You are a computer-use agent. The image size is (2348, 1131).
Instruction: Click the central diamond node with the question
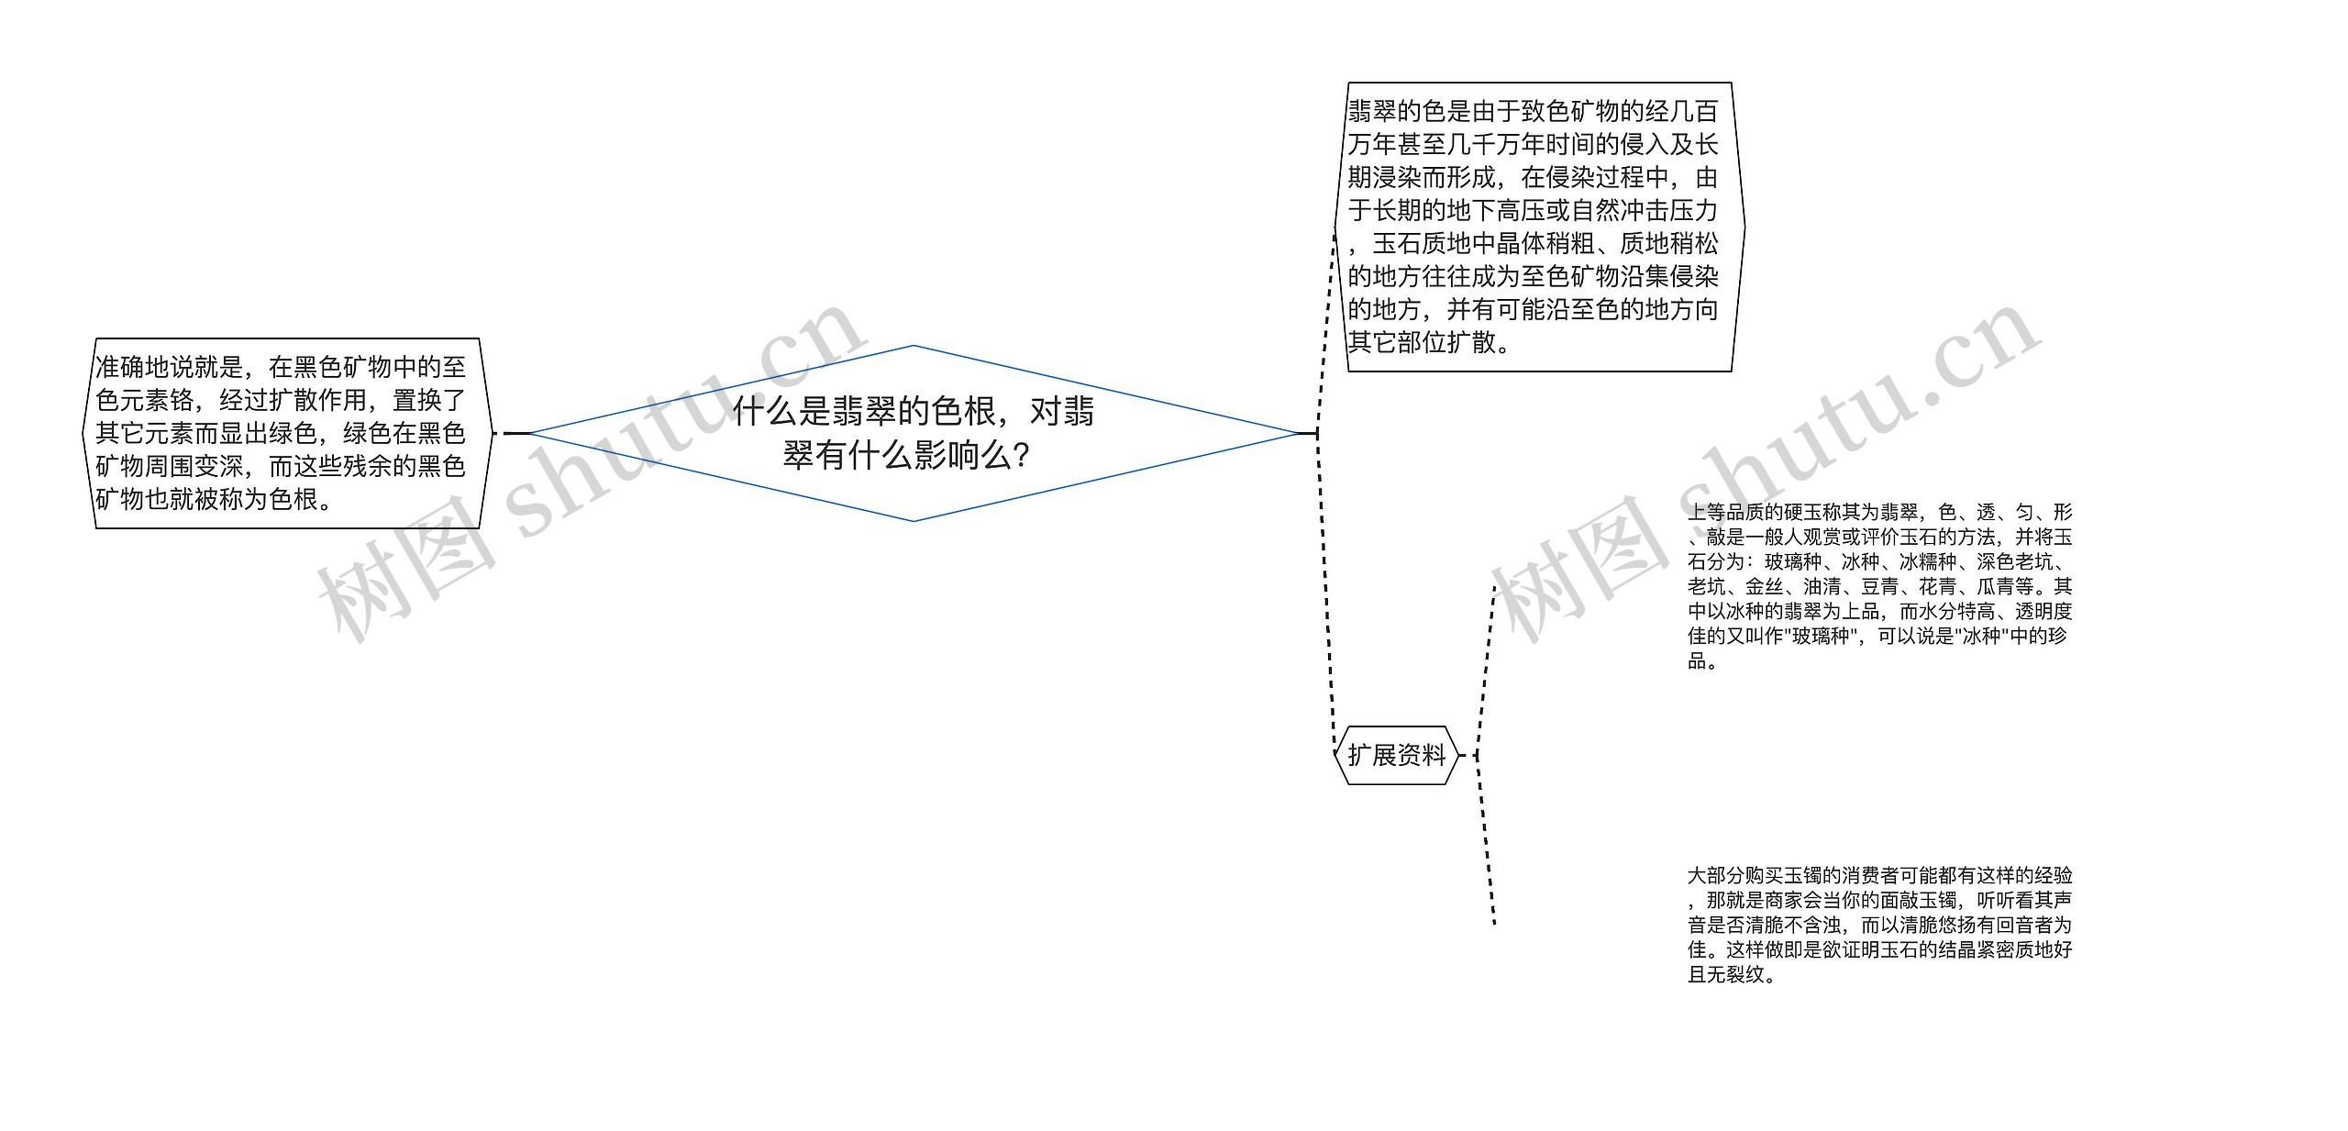click(x=914, y=433)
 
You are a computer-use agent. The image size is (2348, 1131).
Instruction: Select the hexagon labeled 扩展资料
click(x=1396, y=755)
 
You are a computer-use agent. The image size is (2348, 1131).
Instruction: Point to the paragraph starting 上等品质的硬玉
click(x=1879, y=586)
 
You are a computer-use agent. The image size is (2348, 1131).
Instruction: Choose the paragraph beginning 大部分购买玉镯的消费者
click(x=1879, y=925)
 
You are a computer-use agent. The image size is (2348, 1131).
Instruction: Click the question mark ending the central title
click(x=1021, y=456)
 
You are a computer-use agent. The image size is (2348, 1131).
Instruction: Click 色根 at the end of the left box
click(x=293, y=500)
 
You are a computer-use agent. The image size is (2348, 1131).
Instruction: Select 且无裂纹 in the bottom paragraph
click(x=1726, y=974)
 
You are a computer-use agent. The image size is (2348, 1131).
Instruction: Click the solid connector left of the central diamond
click(x=516, y=433)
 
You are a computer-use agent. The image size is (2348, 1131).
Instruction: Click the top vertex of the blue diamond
click(x=914, y=346)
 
